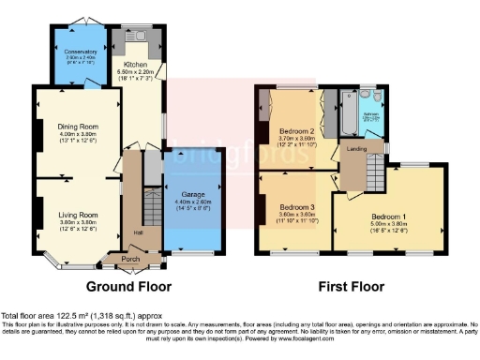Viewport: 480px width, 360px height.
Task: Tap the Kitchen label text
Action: [x=135, y=65]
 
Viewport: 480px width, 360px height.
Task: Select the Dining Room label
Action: [x=78, y=134]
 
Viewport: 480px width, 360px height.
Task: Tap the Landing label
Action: [x=356, y=148]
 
